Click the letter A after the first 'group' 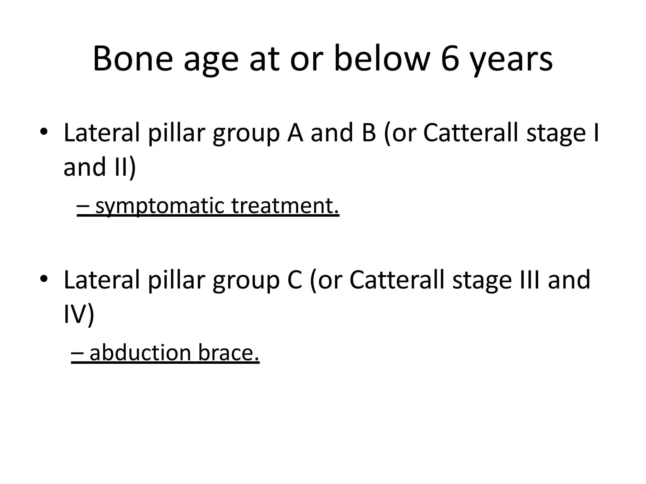point(295,132)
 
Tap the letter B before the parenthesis point(369,132)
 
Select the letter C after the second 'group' point(295,279)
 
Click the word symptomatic point(160,206)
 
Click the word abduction point(141,353)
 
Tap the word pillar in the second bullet point(177,280)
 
